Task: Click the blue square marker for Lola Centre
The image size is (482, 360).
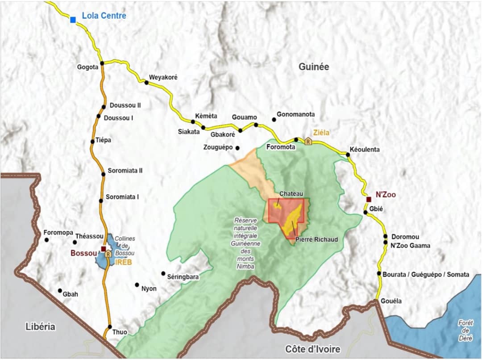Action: click(73, 19)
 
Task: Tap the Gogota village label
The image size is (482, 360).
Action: click(87, 67)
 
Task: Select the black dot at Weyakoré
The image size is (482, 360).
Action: click(146, 82)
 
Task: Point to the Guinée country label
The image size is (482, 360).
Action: click(314, 67)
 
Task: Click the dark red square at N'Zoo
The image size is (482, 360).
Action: click(369, 199)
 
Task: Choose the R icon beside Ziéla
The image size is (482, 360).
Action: click(308, 141)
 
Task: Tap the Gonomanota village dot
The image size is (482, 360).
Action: click(274, 119)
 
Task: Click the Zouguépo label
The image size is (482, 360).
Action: click(218, 147)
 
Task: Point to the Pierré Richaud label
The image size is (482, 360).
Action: click(316, 240)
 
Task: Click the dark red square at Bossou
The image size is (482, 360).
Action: click(104, 249)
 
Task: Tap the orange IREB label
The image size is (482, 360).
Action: click(123, 263)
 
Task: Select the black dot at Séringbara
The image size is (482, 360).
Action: click(163, 273)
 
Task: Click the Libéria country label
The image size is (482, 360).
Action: click(40, 327)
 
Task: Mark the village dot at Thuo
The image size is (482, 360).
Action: click(109, 327)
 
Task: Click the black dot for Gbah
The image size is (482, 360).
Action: click(60, 290)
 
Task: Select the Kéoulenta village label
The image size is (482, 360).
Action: click(365, 150)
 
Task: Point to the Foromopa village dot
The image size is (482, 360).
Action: click(46, 240)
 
